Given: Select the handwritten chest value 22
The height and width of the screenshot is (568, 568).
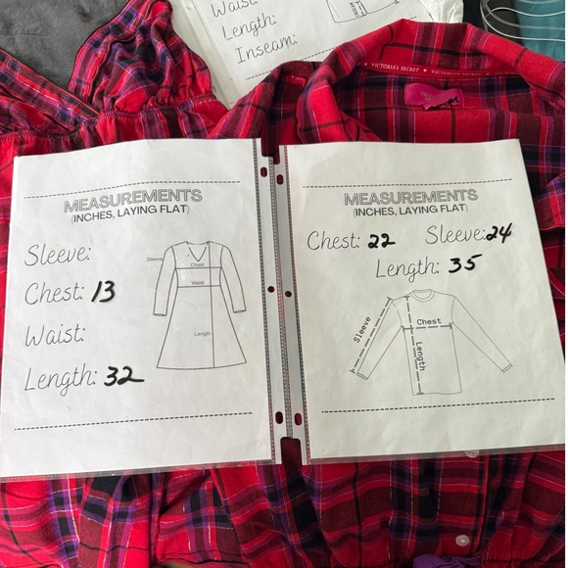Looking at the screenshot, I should point(382,240).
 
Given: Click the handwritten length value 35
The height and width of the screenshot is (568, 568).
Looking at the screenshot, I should point(465,264).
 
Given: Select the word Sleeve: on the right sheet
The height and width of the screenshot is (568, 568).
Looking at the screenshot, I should point(454,235).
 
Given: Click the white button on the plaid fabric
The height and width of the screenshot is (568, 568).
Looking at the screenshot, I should point(462,540).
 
